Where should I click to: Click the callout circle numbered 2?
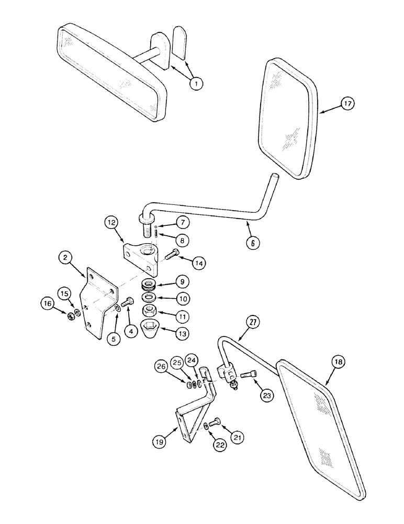(x=66, y=258)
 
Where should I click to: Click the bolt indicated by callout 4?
(x=128, y=303)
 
